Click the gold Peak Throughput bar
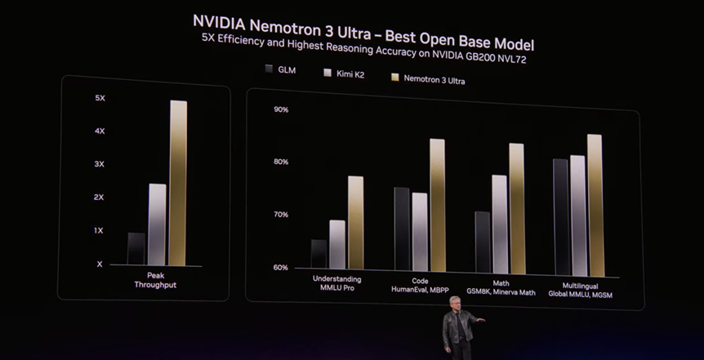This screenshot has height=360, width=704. [178, 183]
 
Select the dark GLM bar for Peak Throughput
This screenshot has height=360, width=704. [136, 249]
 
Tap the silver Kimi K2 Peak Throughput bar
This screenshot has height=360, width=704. [157, 224]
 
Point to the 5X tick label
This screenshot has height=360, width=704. [100, 98]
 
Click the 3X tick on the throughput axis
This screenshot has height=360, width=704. [100, 164]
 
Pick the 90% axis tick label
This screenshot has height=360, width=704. [281, 110]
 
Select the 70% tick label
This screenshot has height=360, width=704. [281, 215]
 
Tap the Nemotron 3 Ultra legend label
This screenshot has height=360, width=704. [434, 80]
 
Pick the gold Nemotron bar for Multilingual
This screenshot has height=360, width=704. [594, 205]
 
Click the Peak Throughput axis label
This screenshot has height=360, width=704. [155, 280]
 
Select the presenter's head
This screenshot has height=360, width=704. [453, 303]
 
